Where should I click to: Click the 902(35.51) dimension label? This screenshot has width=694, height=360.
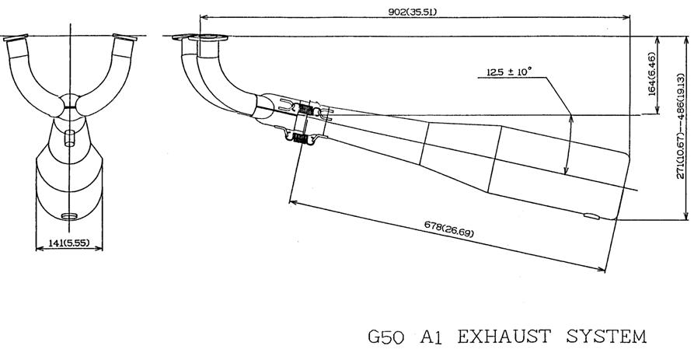tap(412, 12)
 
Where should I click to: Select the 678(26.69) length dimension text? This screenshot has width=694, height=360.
tap(448, 229)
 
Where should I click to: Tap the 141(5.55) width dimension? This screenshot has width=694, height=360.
tap(68, 243)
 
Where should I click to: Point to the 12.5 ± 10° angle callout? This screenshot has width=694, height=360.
tap(508, 72)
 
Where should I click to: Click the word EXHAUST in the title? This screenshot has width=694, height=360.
tap(504, 337)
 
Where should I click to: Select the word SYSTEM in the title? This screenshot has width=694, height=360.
tap(606, 337)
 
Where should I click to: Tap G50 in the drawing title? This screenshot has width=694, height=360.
tap(386, 337)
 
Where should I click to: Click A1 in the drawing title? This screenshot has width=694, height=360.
tap(431, 337)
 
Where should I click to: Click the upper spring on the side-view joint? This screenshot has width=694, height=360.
tap(306, 109)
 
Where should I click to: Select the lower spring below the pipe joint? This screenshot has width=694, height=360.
tap(301, 138)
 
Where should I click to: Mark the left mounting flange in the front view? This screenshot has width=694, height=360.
tap(16, 37)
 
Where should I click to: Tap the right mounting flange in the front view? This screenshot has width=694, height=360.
tap(125, 37)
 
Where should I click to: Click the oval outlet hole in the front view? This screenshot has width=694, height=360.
tap(68, 216)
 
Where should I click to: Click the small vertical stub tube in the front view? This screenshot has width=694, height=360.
tap(69, 138)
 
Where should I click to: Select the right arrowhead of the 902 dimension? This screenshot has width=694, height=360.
tap(626, 18)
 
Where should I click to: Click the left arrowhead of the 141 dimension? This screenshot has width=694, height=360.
tap(39, 249)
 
